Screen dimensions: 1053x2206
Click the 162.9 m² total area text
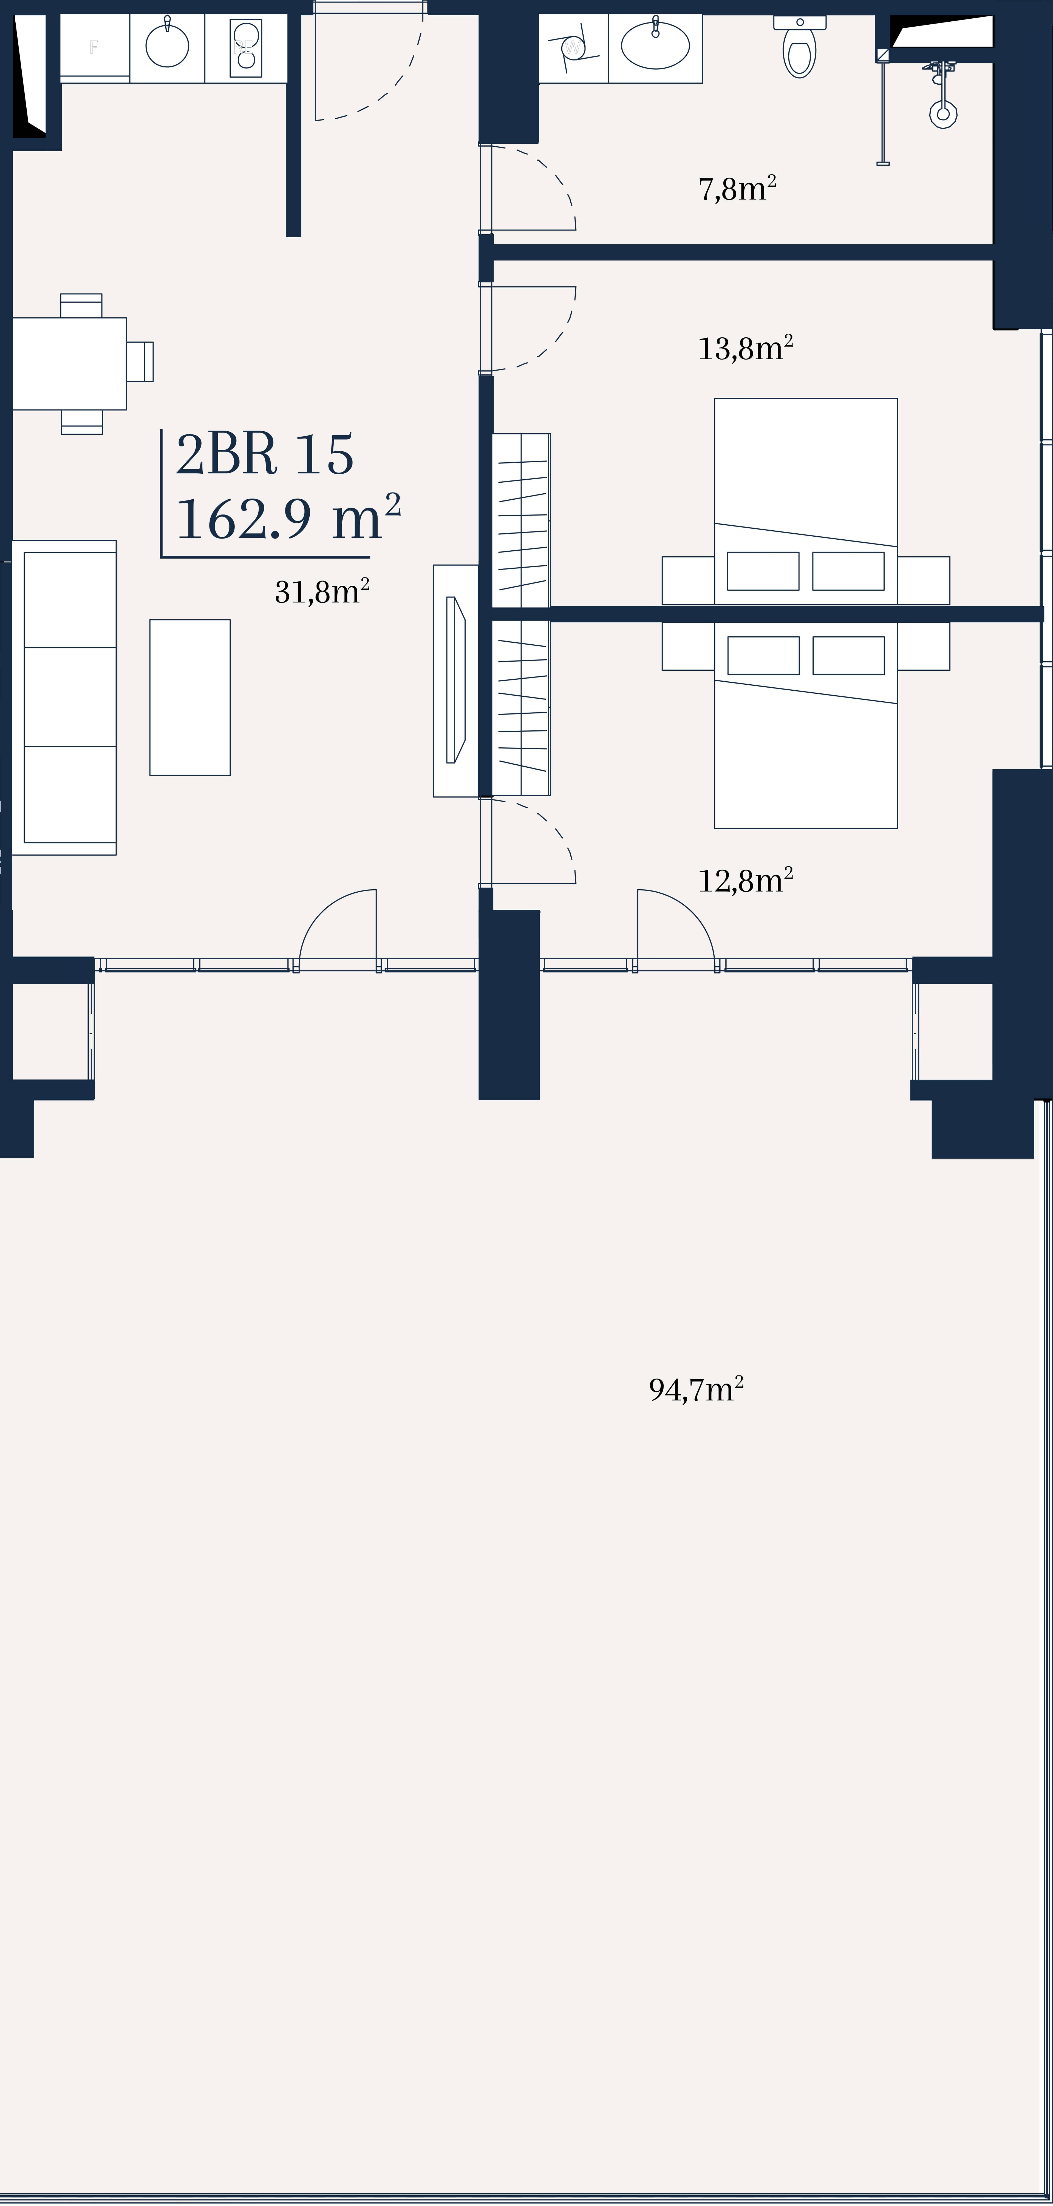pos(288,517)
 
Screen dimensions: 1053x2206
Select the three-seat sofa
pos(64,697)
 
